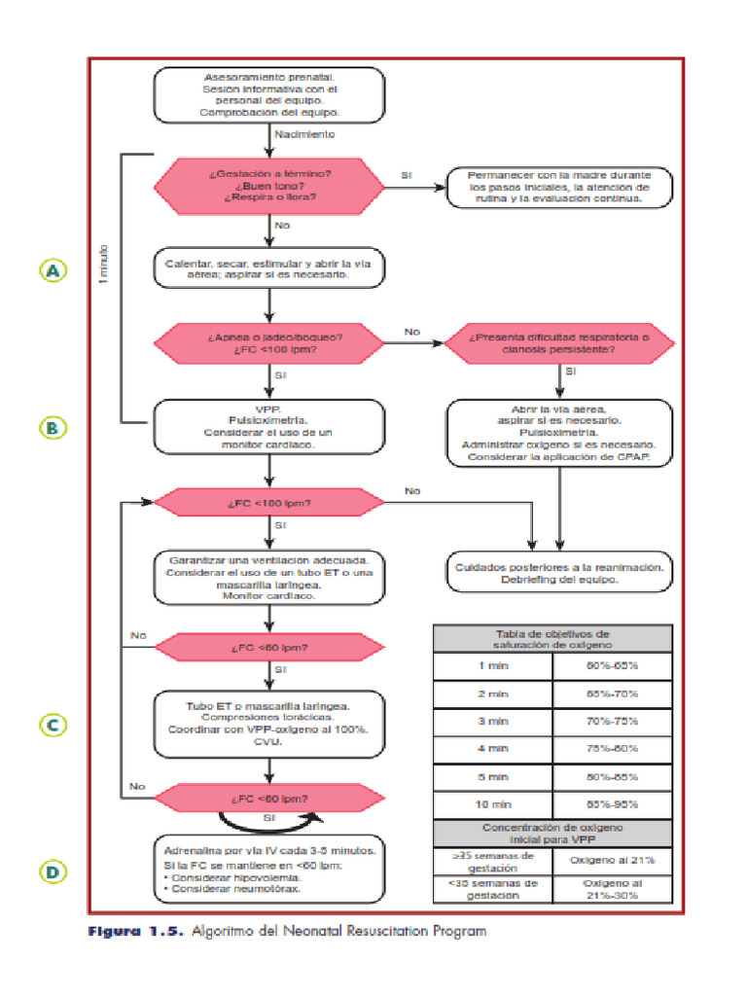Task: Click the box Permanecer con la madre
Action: click(x=559, y=186)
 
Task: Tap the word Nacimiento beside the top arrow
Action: click(x=305, y=134)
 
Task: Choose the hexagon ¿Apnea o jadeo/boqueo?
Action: click(x=269, y=342)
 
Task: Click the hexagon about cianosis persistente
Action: click(x=559, y=342)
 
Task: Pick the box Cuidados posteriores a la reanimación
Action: click(x=559, y=572)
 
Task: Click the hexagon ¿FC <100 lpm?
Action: click(x=269, y=504)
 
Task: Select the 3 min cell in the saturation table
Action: click(x=492, y=722)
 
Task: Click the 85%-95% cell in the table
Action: click(x=611, y=804)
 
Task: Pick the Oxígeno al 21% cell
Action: click(x=611, y=861)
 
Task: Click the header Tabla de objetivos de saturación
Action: click(x=551, y=637)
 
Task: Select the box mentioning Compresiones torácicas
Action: click(x=269, y=723)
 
